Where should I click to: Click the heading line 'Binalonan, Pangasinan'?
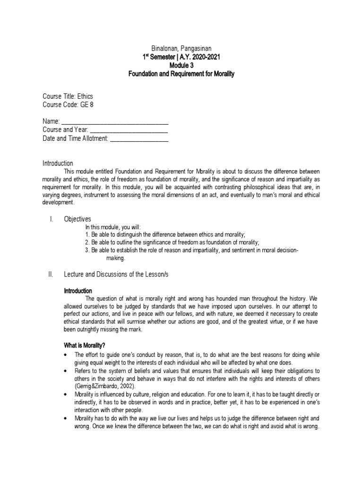click(x=182, y=48)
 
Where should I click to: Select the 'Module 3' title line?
click(x=182, y=66)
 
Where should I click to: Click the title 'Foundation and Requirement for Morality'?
click(x=182, y=74)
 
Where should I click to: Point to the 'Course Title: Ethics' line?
click(x=68, y=95)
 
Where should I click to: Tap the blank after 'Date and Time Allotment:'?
click(x=139, y=139)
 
